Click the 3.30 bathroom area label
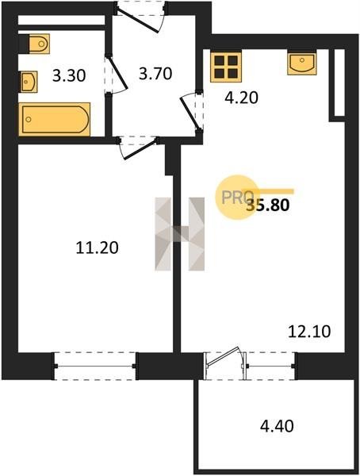(x=69, y=75)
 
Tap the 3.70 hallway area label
(x=155, y=74)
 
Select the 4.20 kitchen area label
(x=242, y=98)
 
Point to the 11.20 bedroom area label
(x=97, y=248)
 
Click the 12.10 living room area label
(x=309, y=332)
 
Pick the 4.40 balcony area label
(x=277, y=425)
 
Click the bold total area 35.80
(x=268, y=205)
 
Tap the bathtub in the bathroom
(x=55, y=119)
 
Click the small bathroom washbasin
(x=29, y=82)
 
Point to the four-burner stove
(x=226, y=67)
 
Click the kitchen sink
(x=302, y=63)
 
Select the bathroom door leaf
(x=117, y=72)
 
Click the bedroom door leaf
(x=140, y=148)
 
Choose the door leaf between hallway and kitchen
(x=190, y=113)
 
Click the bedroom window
(x=94, y=366)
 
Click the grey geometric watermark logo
(x=180, y=234)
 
